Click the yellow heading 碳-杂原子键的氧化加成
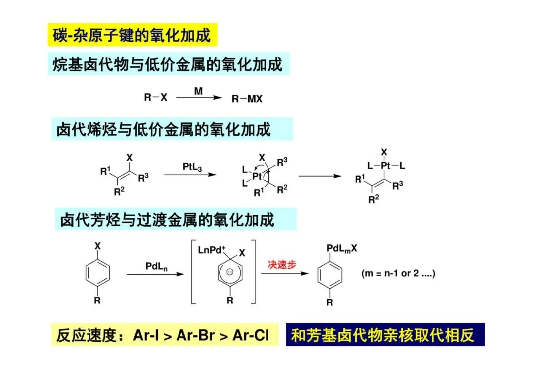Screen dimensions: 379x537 (x=132, y=35)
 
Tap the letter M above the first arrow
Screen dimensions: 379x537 (x=199, y=91)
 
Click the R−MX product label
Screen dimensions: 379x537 (x=247, y=99)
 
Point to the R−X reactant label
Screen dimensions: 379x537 (x=156, y=98)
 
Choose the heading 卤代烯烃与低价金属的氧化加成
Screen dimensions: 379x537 (x=164, y=130)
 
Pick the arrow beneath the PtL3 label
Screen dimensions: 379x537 (x=190, y=175)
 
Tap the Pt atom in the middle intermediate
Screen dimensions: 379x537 (x=257, y=176)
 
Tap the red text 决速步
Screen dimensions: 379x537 (x=282, y=264)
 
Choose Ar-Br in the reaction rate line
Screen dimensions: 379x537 (x=195, y=336)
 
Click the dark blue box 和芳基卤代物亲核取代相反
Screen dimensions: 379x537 (x=385, y=335)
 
